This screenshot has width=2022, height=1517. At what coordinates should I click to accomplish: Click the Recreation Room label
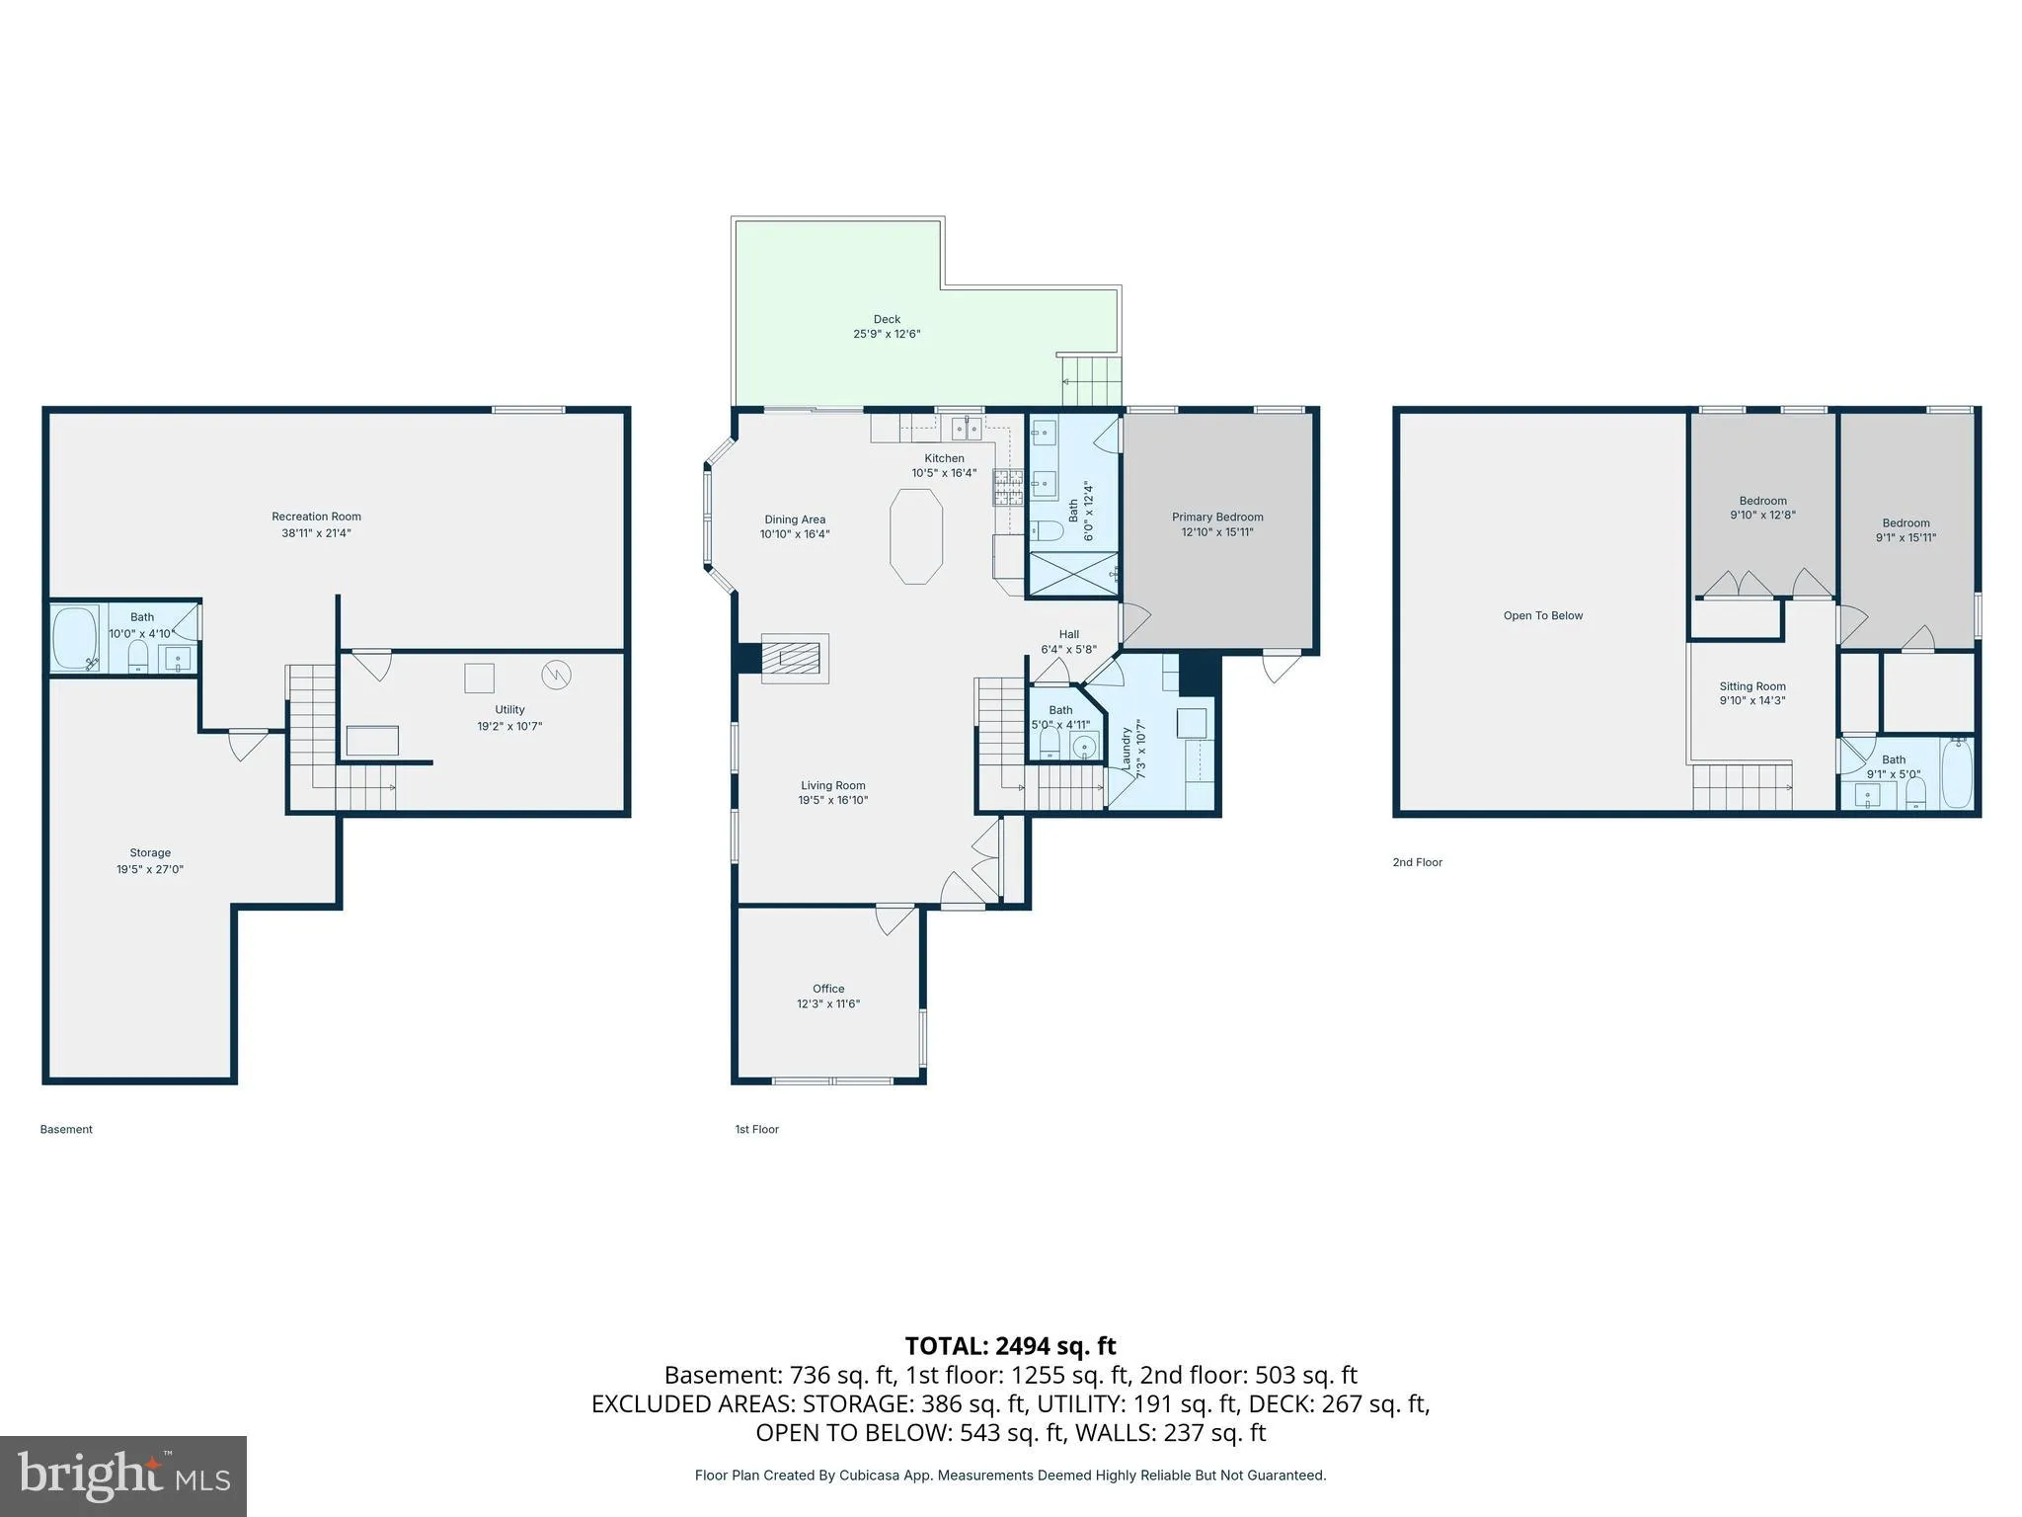pos(316,517)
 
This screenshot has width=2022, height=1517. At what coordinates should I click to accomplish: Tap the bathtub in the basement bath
pos(75,639)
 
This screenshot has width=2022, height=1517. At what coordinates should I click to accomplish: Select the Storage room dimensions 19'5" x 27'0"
pos(150,870)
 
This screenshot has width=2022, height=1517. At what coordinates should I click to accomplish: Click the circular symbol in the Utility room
pos(556,675)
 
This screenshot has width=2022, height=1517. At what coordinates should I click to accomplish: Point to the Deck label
pos(887,319)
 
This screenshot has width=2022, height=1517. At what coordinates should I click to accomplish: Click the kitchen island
pos(916,537)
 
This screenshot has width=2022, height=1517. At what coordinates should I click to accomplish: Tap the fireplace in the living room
pos(794,658)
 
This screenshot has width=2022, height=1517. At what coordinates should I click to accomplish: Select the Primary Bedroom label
pos(1217,518)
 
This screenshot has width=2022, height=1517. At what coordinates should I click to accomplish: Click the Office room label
pos(828,989)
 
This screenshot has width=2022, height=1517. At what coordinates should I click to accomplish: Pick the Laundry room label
pos(1127,748)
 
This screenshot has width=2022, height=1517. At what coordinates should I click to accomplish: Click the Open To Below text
pos(1543,616)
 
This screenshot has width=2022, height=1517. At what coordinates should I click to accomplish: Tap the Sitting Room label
pos(1752,686)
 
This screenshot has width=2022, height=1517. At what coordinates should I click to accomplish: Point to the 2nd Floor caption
pos(1418,862)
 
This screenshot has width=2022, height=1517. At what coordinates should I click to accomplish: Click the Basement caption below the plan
pos(66,1129)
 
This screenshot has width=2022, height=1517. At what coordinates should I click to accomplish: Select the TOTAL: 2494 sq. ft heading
pos(1010,1346)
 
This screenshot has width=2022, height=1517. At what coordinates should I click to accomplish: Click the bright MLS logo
pos(123,1476)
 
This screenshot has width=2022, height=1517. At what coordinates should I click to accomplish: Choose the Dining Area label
pos(795,519)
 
